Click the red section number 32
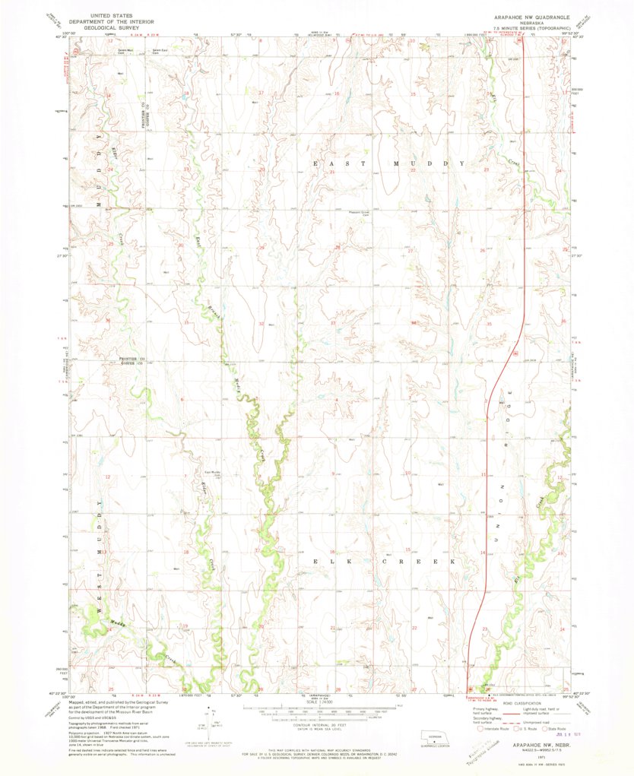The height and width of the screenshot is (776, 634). coord(261,324)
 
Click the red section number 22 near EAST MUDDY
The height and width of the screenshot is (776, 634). coord(413,171)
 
